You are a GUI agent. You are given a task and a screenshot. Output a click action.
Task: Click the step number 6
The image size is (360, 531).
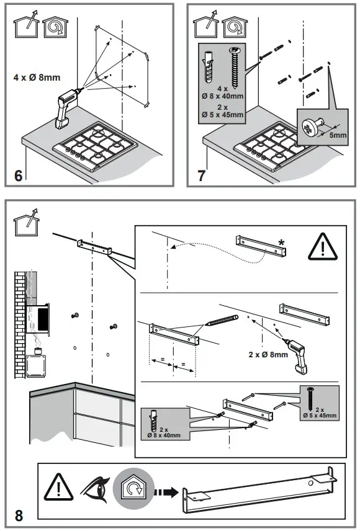19,175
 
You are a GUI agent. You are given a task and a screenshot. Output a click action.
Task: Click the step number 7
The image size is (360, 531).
201,175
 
